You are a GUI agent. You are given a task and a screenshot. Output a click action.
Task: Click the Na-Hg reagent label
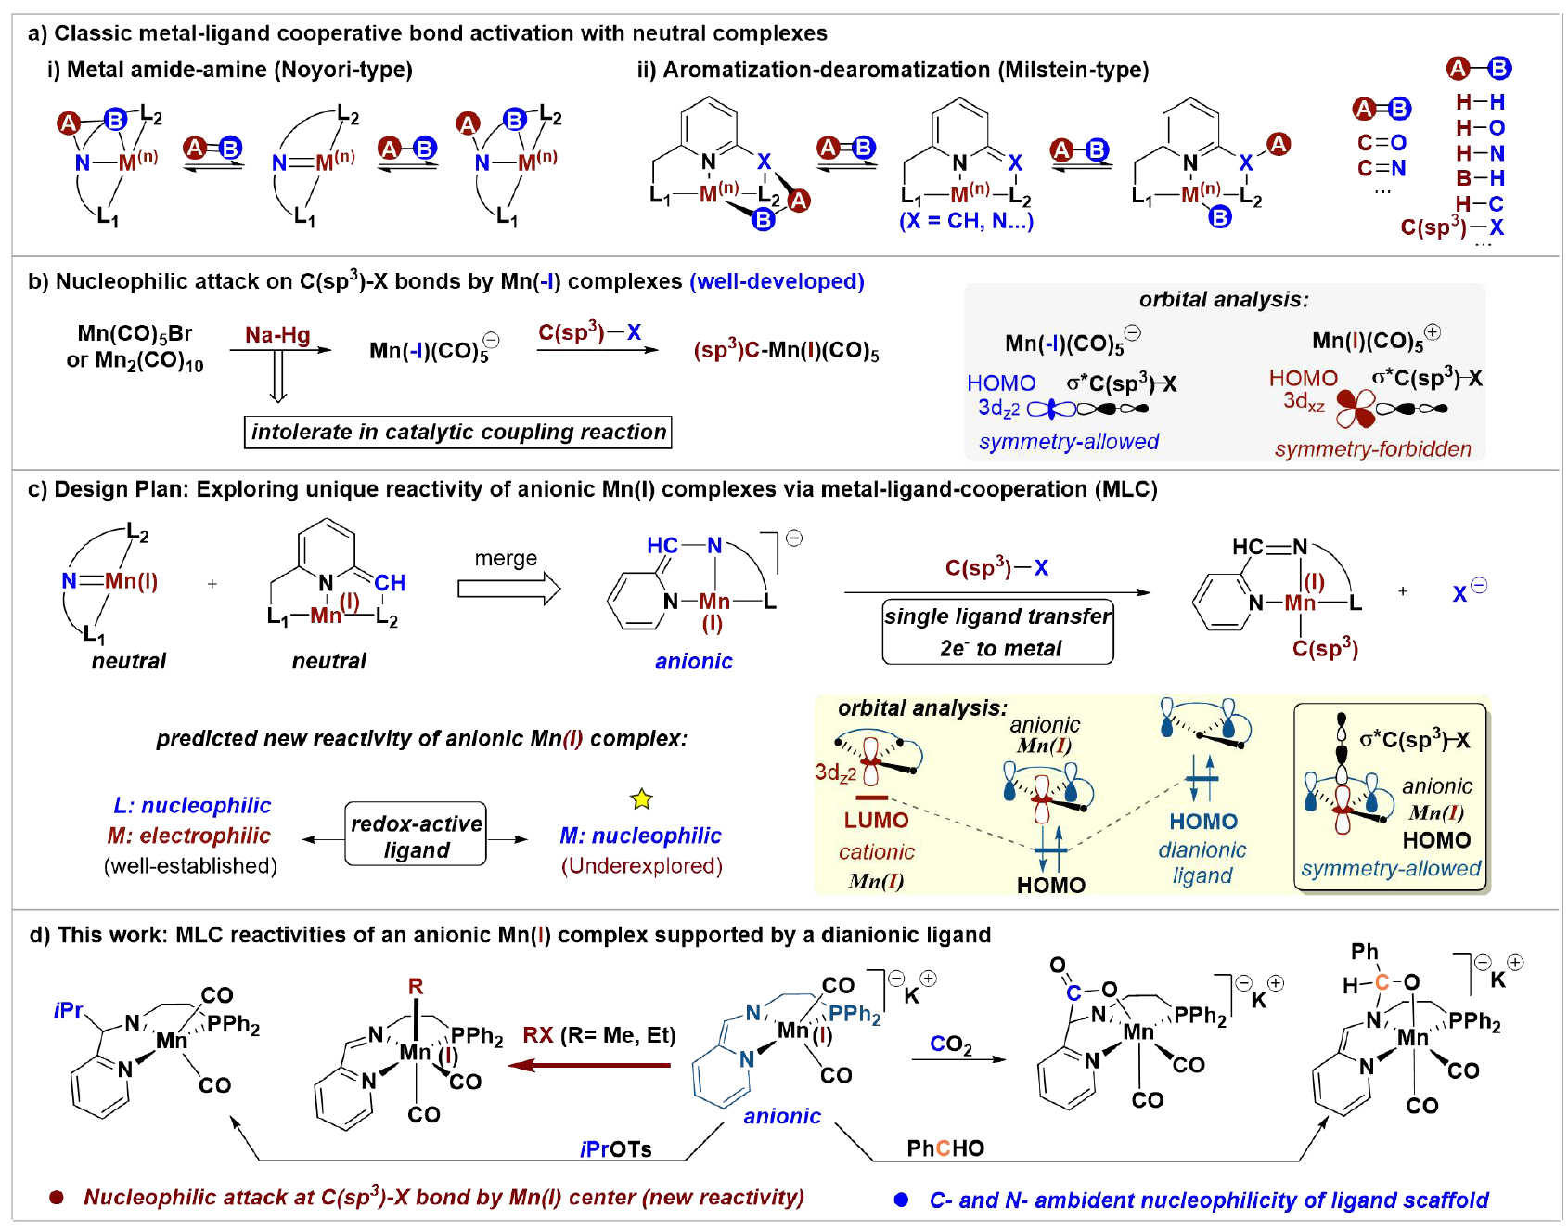[277, 335]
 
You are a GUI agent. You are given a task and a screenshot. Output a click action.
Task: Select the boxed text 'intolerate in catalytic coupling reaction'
[458, 432]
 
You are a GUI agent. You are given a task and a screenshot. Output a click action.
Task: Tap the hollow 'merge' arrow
[508, 589]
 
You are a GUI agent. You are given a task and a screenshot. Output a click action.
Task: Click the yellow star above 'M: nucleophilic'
[641, 798]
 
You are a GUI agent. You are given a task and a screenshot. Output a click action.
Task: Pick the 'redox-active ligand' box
[416, 835]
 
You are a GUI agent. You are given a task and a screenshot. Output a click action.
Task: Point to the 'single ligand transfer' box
[997, 631]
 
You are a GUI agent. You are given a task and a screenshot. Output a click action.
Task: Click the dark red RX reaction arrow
[590, 1065]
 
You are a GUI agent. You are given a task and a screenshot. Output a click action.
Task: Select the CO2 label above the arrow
[951, 1044]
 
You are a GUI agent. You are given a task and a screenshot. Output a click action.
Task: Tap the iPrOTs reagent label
[615, 1149]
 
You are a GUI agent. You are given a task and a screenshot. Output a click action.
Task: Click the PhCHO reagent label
[945, 1148]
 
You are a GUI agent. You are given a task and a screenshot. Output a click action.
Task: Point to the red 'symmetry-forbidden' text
[1372, 449]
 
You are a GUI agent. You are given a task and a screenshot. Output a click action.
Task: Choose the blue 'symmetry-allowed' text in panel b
[1069, 442]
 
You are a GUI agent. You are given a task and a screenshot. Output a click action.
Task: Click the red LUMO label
[876, 821]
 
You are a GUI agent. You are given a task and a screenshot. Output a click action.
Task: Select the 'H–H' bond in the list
[1480, 102]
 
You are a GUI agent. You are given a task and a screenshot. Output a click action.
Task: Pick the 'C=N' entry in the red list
[1382, 168]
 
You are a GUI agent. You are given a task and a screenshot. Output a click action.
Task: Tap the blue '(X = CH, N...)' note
[966, 221]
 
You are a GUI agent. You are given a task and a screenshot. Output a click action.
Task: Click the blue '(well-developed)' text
[777, 281]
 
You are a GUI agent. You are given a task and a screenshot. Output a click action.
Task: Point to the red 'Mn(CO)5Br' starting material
[135, 333]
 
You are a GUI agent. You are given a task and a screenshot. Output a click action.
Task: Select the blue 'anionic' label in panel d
[782, 1116]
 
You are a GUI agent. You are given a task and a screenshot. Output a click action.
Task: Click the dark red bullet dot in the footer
[57, 1198]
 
